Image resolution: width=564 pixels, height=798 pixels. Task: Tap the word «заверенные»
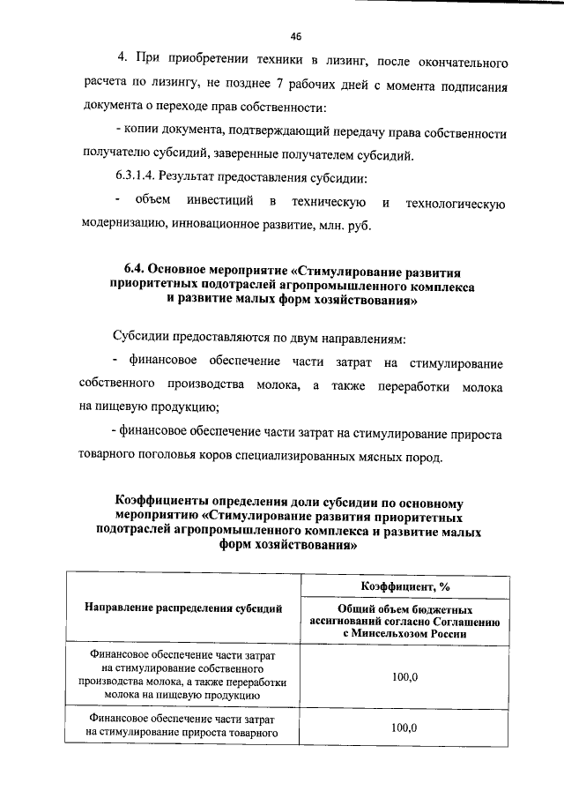pyautogui.click(x=270, y=157)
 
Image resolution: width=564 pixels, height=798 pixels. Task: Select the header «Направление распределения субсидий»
pyautogui.click(x=184, y=608)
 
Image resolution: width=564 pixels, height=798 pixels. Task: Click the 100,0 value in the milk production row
pyautogui.click(x=404, y=676)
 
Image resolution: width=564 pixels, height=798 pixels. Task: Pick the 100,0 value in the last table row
pyautogui.click(x=404, y=727)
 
